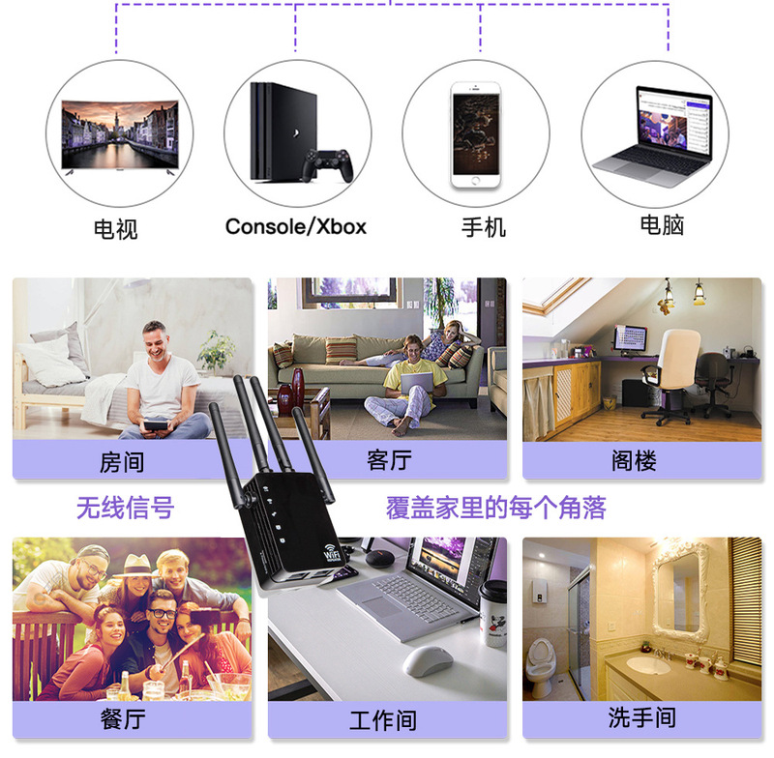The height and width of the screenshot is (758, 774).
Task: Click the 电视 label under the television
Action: [x=116, y=228]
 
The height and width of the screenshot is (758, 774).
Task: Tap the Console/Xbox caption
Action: [x=295, y=226]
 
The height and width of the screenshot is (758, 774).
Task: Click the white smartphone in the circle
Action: [x=476, y=133]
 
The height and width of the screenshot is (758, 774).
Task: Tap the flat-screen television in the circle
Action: [x=120, y=136]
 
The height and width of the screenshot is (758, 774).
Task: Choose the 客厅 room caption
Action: [x=389, y=460]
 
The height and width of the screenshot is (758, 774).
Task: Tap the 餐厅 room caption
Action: [x=122, y=719]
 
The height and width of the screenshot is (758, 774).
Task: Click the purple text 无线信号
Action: [x=125, y=507]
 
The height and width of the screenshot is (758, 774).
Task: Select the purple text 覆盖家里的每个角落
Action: [x=495, y=507]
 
